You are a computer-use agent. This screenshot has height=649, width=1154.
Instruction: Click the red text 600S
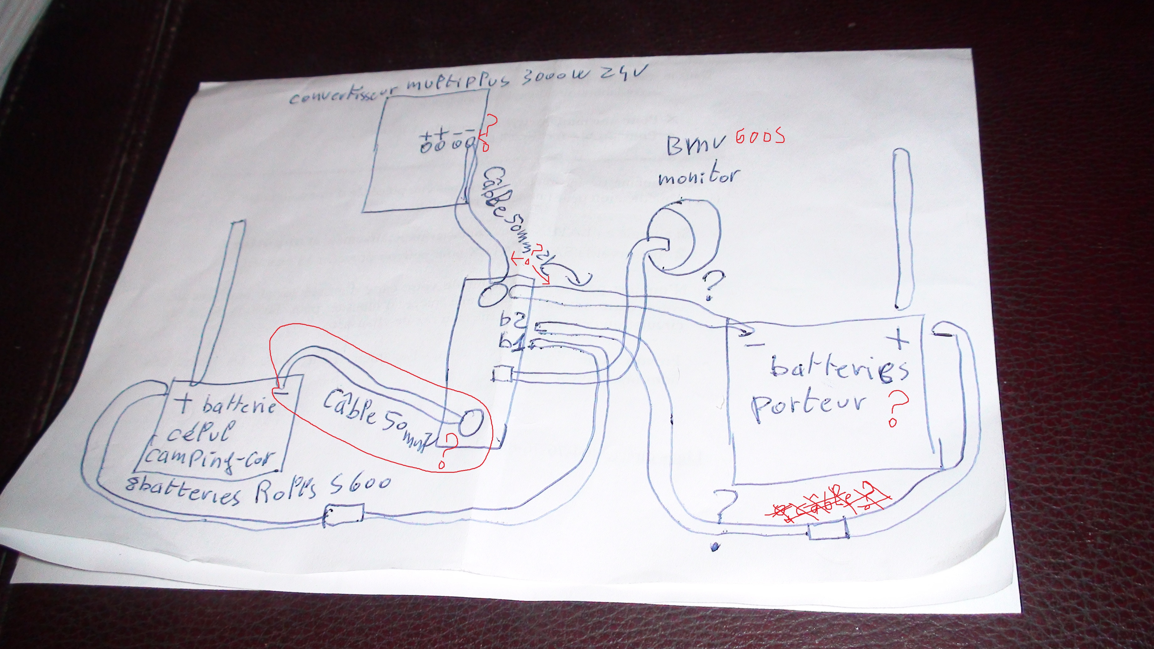759,136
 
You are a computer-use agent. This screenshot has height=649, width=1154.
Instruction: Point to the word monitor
698,177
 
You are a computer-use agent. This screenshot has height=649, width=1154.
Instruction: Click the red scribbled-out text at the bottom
829,508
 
